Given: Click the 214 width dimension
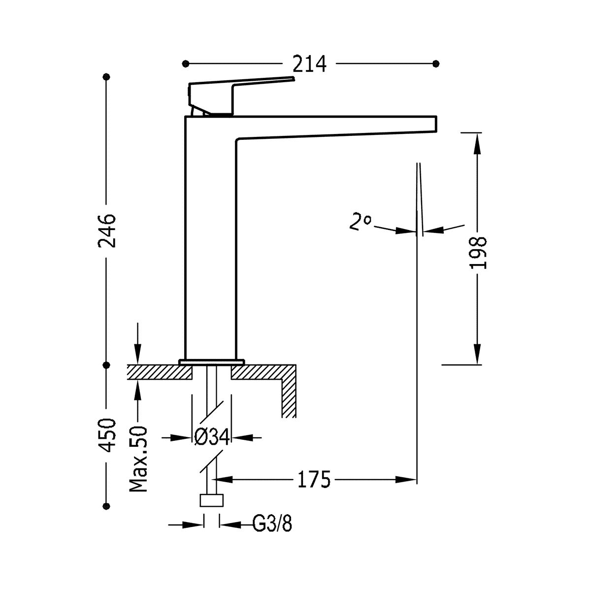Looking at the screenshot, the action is [x=309, y=64].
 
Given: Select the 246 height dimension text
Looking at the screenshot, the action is [x=107, y=230].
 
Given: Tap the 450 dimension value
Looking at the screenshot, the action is [x=107, y=435].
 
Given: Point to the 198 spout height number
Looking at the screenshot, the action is [x=478, y=253].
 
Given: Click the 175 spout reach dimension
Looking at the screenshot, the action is [x=314, y=479].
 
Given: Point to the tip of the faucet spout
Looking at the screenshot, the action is [x=436, y=124].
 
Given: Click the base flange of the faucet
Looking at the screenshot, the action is [x=212, y=362].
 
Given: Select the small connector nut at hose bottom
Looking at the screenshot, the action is [x=211, y=500].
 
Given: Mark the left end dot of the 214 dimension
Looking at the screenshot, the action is [x=185, y=64].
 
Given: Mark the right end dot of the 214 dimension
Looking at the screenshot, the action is [x=436, y=64].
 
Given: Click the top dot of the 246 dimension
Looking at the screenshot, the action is [x=106, y=77].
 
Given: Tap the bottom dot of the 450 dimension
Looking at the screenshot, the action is [x=106, y=506].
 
